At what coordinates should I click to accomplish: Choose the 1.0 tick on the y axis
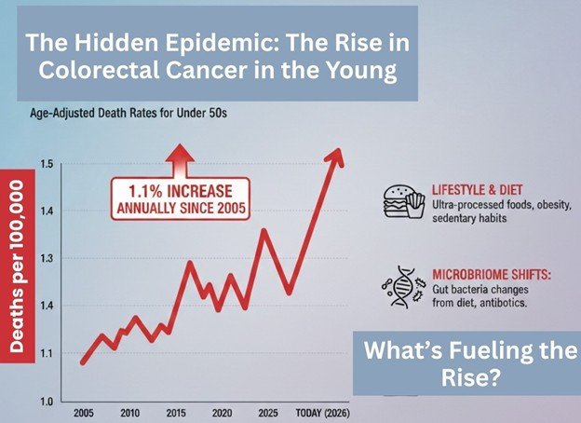click(x=45, y=402)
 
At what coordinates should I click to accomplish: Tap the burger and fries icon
click(x=401, y=199)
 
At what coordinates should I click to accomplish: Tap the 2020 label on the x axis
click(x=222, y=413)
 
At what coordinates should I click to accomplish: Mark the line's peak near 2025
click(x=263, y=229)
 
